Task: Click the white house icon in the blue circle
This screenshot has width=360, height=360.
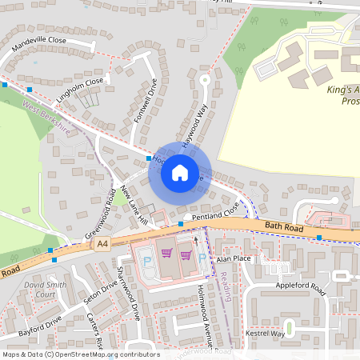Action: click(180, 171)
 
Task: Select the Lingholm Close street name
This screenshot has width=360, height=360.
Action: click(80, 90)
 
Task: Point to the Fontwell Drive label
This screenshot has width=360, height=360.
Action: click(145, 101)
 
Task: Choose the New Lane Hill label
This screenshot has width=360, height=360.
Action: click(134, 205)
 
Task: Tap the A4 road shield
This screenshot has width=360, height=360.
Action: click(102, 243)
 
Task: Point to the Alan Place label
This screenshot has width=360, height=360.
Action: click(234, 259)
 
